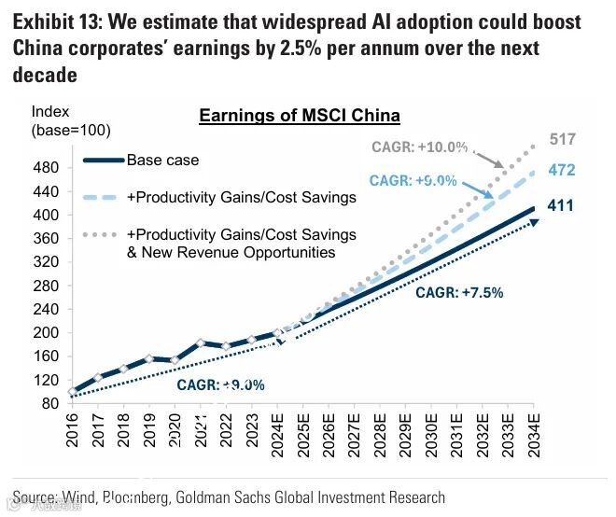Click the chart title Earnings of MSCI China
[300, 116]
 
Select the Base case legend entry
[162, 160]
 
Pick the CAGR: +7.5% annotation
[459, 292]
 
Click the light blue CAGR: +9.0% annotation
[413, 180]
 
